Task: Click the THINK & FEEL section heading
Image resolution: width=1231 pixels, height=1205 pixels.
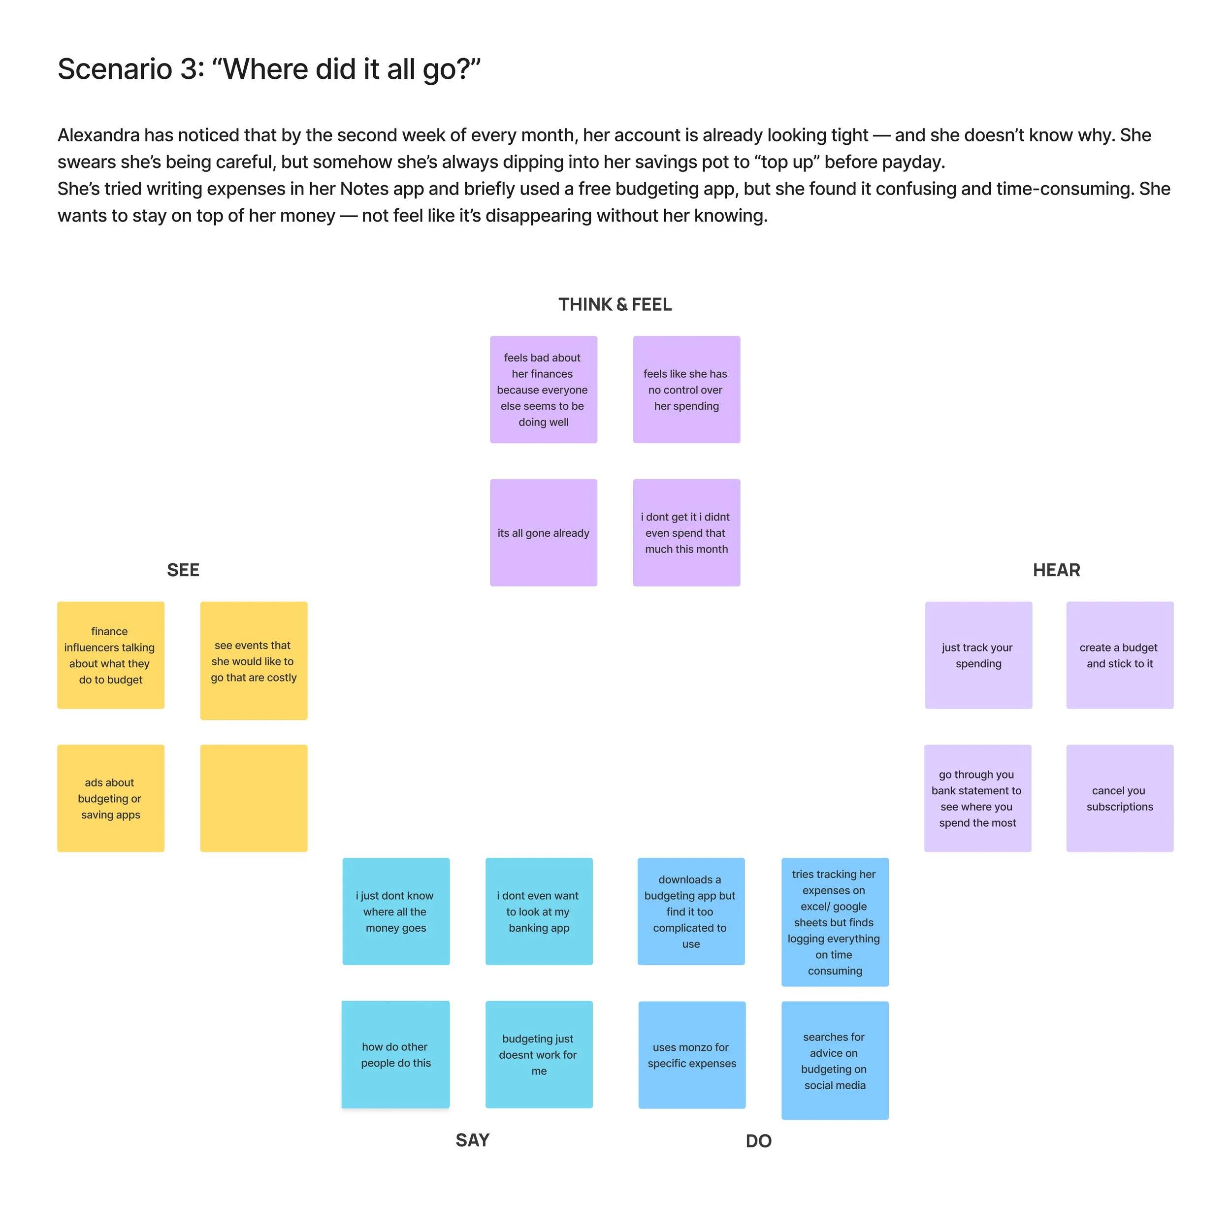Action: point(615,304)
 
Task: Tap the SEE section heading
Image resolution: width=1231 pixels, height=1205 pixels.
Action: point(183,570)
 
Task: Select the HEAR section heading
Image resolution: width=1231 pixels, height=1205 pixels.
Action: point(1056,570)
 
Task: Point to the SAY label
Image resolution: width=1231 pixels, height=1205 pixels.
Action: point(472,1140)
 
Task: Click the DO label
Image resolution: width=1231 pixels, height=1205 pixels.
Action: point(758,1140)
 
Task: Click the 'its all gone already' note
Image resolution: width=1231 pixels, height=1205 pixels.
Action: point(543,532)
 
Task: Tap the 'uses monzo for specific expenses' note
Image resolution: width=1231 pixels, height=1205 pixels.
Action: point(691,1054)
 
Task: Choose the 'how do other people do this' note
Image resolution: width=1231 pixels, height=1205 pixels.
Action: point(395,1054)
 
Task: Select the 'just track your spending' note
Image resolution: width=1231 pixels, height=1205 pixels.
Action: point(978,654)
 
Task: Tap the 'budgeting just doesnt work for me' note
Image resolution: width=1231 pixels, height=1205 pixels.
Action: point(539,1054)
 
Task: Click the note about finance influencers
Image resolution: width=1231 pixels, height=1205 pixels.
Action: point(111,654)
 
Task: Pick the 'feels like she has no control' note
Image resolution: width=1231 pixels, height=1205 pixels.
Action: point(686,389)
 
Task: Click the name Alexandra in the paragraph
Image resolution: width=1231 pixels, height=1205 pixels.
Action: point(98,135)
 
